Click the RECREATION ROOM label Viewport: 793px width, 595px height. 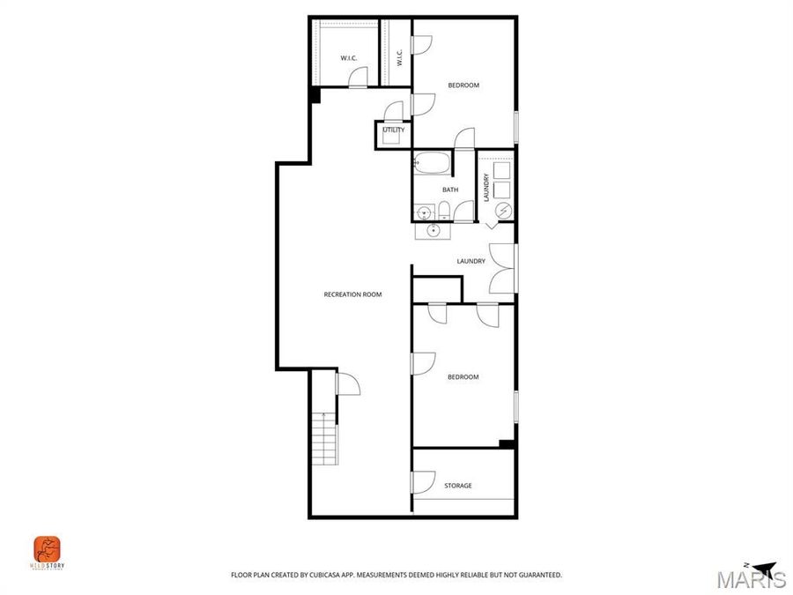pos(352,294)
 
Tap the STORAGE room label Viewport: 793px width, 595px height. pos(457,486)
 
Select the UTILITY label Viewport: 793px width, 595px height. pos(393,130)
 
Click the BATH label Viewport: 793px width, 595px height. pos(450,190)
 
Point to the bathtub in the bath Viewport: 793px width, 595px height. pos(432,163)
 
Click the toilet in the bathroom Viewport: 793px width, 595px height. pos(445,211)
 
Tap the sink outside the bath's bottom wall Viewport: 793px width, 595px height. pos(434,230)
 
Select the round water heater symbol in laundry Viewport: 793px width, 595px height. pos(503,211)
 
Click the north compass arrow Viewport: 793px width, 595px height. pos(762,568)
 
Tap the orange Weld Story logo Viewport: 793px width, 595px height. pos(47,548)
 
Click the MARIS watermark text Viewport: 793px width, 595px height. pos(751,580)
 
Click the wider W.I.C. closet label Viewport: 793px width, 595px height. pos(348,58)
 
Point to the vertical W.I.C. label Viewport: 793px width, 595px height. pos(399,58)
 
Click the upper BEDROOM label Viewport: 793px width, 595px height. pos(463,86)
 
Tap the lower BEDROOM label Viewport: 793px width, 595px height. pos(463,377)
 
